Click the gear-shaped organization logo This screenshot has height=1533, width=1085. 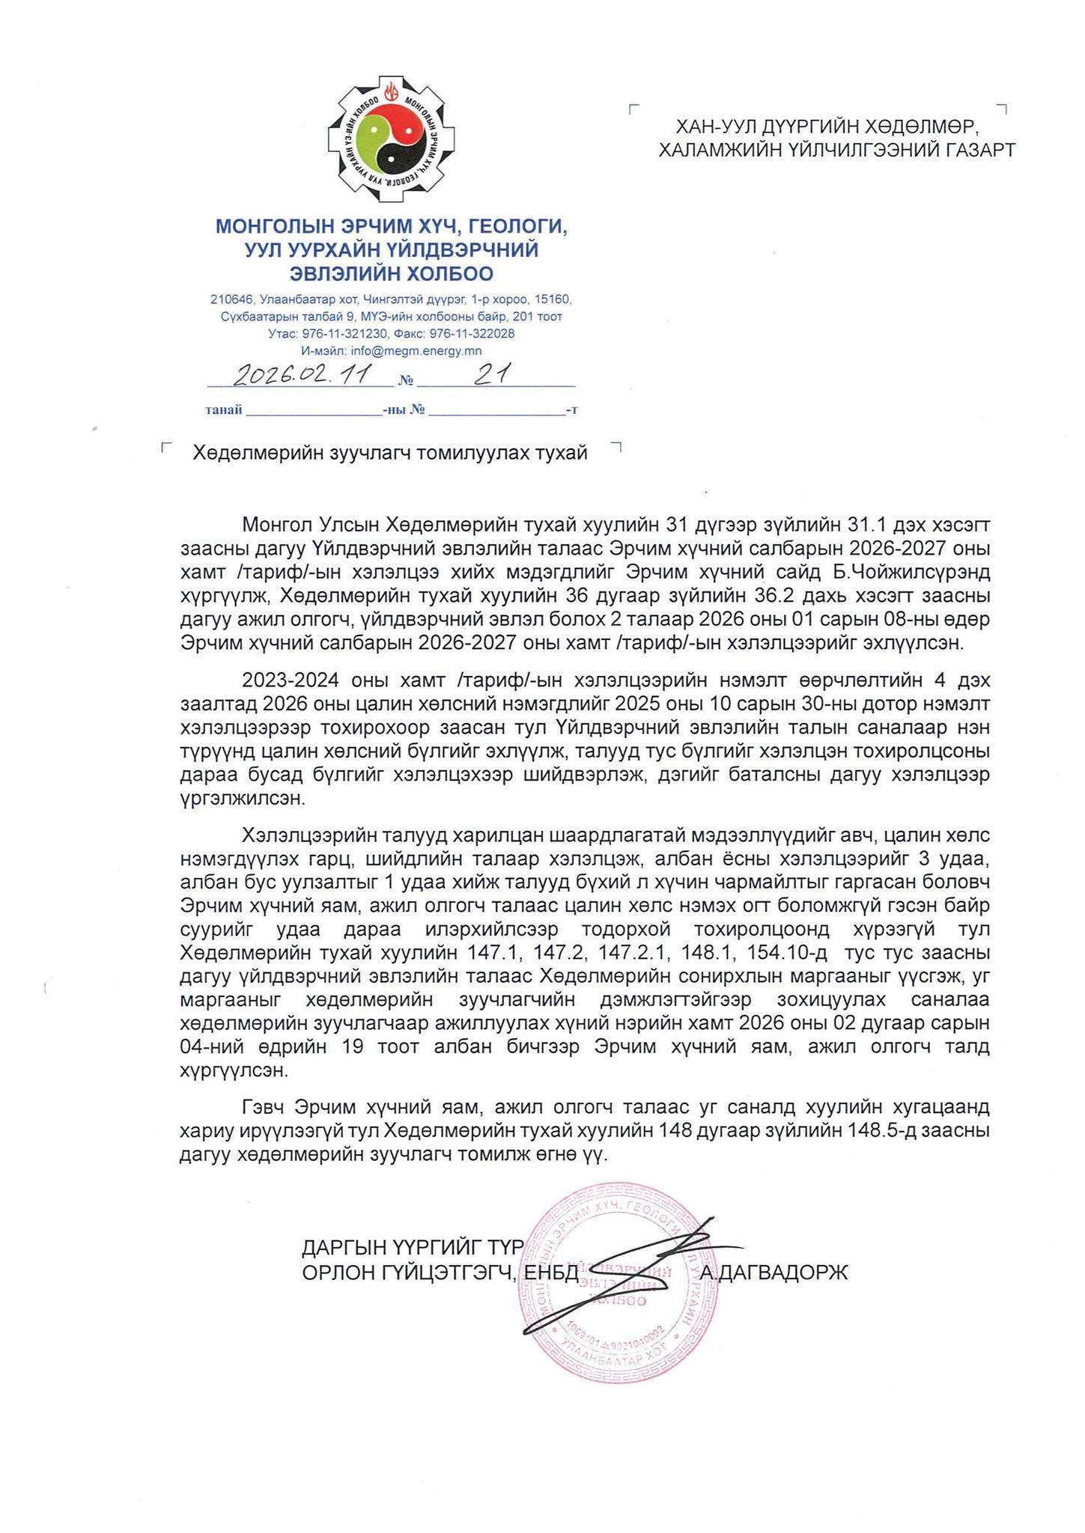386,139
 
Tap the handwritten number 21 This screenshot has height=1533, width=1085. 493,374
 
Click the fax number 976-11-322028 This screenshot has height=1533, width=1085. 472,333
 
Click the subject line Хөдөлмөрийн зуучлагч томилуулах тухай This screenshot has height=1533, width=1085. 390,453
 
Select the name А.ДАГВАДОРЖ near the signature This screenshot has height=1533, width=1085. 774,1272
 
